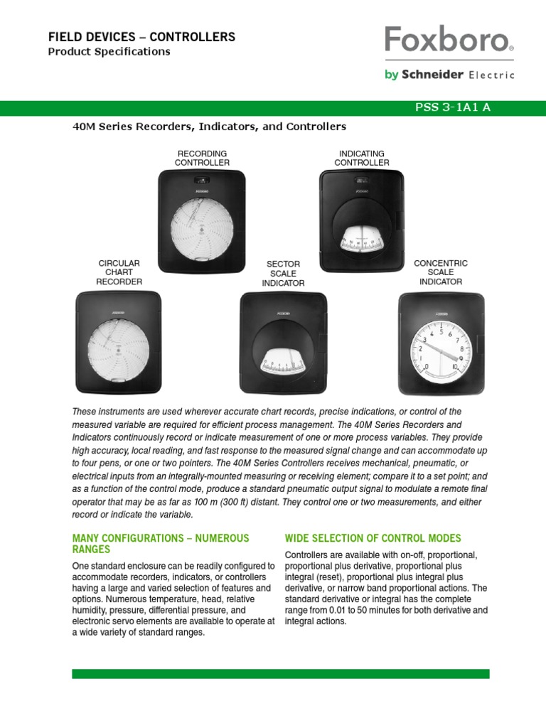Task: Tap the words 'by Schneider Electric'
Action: (x=449, y=75)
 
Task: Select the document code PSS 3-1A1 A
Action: (x=452, y=107)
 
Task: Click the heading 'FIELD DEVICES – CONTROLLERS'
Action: (x=141, y=37)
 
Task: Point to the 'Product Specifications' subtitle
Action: (x=109, y=52)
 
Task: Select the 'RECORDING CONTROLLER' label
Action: (x=203, y=158)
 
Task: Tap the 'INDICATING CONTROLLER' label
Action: (x=362, y=158)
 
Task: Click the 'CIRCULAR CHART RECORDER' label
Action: (x=119, y=272)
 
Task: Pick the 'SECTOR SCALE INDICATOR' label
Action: (x=283, y=274)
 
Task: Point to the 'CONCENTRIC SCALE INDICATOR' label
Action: (x=441, y=272)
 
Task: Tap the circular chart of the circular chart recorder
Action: (x=119, y=348)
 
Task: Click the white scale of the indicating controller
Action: (x=362, y=240)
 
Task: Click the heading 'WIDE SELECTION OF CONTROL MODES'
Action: (x=373, y=538)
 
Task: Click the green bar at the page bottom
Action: (x=280, y=673)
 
